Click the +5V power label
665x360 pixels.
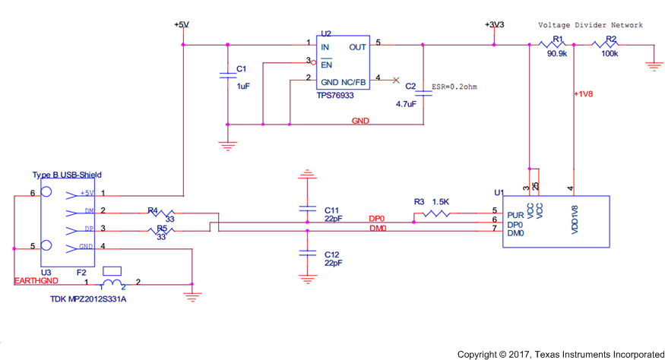181,25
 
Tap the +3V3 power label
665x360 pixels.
495,25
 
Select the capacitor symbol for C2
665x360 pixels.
423,90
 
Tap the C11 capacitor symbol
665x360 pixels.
307,207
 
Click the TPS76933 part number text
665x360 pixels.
335,96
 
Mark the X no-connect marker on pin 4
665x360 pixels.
395,79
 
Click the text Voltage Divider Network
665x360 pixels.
590,25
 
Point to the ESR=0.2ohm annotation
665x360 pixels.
454,87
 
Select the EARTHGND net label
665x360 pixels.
36,282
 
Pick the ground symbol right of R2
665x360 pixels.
652,66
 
